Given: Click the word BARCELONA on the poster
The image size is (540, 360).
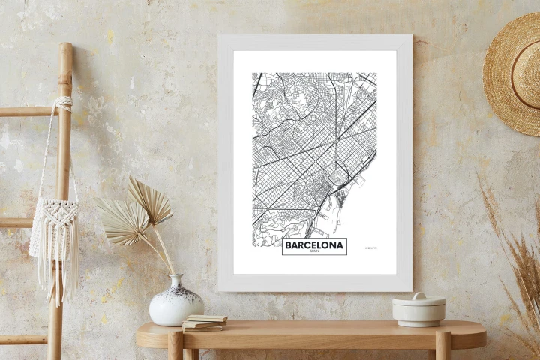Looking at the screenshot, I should (314, 244).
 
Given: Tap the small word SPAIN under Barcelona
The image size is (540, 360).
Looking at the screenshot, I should (314, 251).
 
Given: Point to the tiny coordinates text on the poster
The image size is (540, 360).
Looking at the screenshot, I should (370, 247).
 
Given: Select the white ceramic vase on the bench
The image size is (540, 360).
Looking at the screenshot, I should (176, 303).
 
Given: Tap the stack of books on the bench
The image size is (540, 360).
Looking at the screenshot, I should (204, 322).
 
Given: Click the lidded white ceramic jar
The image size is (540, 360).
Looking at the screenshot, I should (418, 309).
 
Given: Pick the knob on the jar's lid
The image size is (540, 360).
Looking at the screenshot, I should (418, 295).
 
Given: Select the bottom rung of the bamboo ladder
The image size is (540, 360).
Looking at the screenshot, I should (22, 339).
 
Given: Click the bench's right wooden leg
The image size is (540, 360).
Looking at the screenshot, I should (442, 346).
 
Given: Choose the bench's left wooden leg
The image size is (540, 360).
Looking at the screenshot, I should (175, 346).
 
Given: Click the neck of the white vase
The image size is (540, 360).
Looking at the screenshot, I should (176, 281).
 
